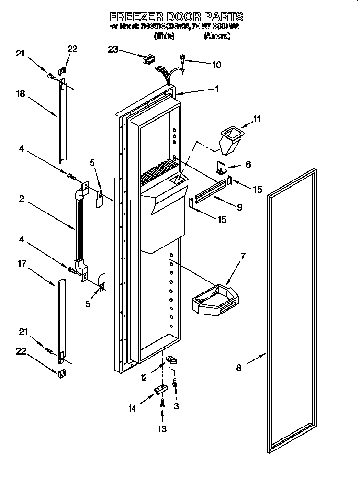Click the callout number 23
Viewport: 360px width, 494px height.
coord(112,49)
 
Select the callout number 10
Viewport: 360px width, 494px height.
coord(216,65)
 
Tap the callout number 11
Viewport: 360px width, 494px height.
coord(257,119)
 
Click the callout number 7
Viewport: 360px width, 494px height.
coord(243,257)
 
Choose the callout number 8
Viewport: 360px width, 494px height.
coord(239,368)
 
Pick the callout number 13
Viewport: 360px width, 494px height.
coord(162,429)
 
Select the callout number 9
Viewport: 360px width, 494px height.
coord(239,207)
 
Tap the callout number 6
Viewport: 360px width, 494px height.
coord(247,164)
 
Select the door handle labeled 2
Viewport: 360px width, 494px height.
coord(79,230)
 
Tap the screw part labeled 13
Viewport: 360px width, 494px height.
coord(162,403)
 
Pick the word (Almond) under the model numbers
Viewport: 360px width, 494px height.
coord(217,36)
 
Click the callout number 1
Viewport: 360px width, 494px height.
coord(217,89)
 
